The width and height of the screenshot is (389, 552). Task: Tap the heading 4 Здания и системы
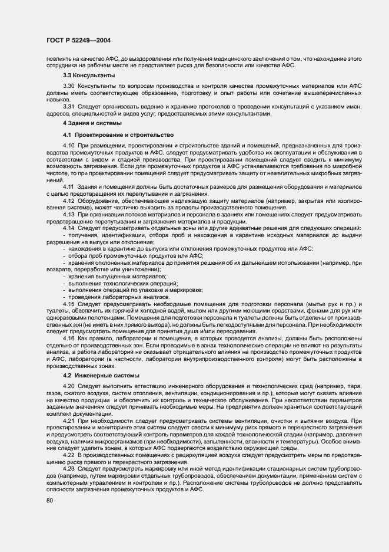point(92,124)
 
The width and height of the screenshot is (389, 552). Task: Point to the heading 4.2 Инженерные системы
point(101,376)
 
